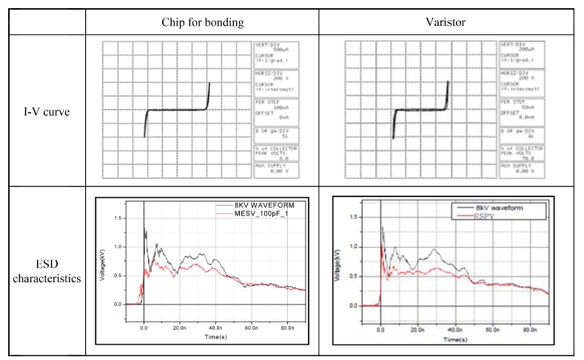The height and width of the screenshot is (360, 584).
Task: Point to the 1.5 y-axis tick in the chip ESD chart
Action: [x=117, y=217]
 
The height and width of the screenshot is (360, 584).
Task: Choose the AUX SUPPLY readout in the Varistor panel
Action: [x=526, y=168]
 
